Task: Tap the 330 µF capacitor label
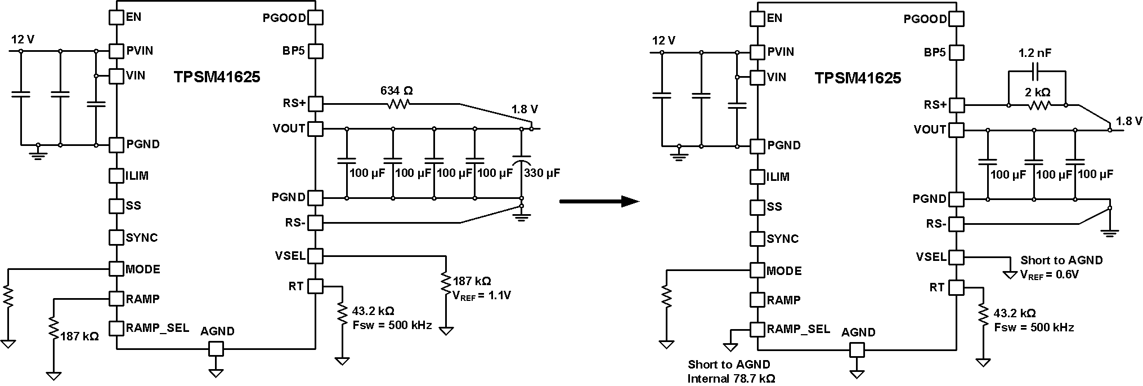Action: click(x=541, y=173)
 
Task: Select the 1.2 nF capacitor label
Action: click(x=1035, y=54)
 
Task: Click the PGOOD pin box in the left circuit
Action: click(x=316, y=17)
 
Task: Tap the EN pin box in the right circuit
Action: click(x=757, y=18)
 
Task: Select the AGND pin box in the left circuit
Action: click(x=216, y=349)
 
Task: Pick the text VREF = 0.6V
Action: click(x=1049, y=274)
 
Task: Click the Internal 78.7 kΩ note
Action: click(x=731, y=378)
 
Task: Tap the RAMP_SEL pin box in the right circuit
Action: click(x=757, y=329)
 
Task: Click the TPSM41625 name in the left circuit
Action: click(x=217, y=77)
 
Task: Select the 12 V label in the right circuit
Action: click(x=664, y=41)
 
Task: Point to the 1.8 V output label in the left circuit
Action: click(x=524, y=109)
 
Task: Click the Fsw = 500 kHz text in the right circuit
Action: click(x=1034, y=327)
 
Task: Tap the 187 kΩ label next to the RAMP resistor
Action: click(x=79, y=336)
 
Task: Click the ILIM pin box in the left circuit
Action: click(x=116, y=175)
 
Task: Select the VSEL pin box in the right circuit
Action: click(x=956, y=258)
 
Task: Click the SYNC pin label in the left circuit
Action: click(x=142, y=237)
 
